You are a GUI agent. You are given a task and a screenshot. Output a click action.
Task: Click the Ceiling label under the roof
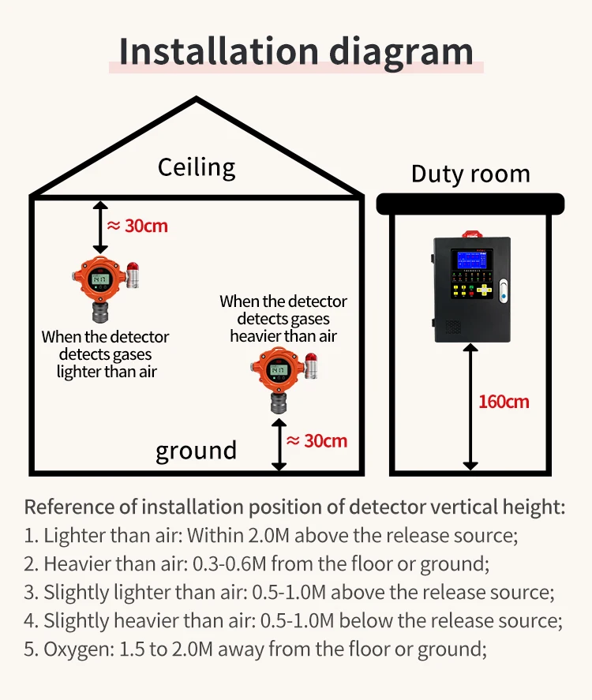pos(196,167)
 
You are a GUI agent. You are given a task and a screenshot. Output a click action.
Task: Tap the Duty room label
pos(470,174)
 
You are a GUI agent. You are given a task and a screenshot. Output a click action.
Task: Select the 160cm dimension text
pos(504,402)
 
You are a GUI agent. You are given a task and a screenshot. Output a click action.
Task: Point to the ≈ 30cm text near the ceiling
pos(137,226)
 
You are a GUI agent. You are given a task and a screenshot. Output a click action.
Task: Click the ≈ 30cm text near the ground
pos(317,440)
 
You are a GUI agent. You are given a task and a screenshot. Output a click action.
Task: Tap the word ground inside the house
pos(196,451)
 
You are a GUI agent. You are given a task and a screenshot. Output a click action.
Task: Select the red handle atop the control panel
pos(473,233)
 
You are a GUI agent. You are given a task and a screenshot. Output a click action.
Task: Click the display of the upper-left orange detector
pos(99,279)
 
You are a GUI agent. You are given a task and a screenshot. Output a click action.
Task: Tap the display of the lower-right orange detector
pos(277,369)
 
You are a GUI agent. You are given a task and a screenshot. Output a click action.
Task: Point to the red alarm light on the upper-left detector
pos(133,270)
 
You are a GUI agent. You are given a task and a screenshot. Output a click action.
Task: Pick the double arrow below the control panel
pos(471,406)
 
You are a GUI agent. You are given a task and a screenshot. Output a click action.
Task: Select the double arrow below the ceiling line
pos(100,226)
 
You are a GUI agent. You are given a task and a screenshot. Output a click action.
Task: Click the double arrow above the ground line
pos(279,444)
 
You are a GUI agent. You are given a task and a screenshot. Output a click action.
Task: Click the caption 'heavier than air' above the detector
pos(283,335)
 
